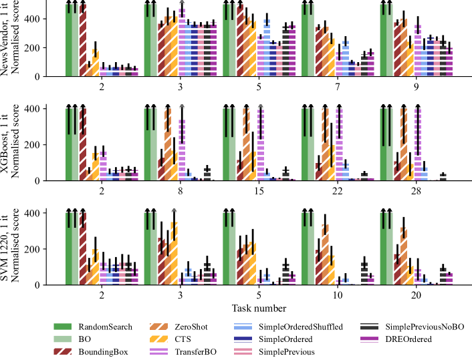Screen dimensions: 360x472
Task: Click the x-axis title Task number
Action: click(260, 308)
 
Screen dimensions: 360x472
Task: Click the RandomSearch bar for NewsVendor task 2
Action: click(70, 40)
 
